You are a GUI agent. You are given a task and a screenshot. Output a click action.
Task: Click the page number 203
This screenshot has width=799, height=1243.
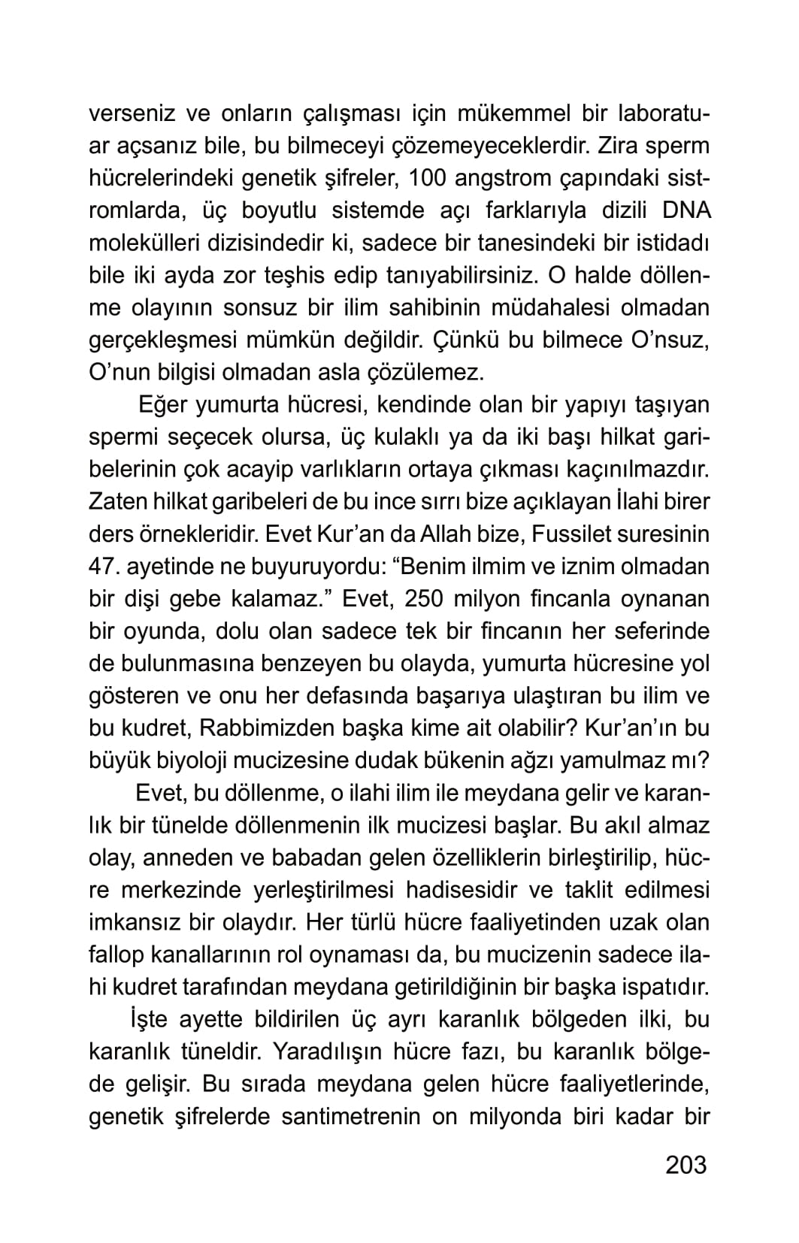click(686, 1164)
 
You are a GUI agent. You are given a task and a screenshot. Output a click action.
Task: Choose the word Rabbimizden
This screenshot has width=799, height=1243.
click(266, 728)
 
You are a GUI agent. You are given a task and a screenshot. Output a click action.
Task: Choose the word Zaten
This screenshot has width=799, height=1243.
click(118, 502)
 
